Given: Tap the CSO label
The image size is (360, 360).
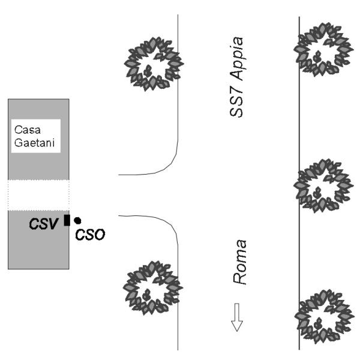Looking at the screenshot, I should click(x=90, y=235).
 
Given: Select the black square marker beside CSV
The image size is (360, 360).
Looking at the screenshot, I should click(x=67, y=220).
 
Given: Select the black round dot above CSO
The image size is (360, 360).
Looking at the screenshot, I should click(x=77, y=221).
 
